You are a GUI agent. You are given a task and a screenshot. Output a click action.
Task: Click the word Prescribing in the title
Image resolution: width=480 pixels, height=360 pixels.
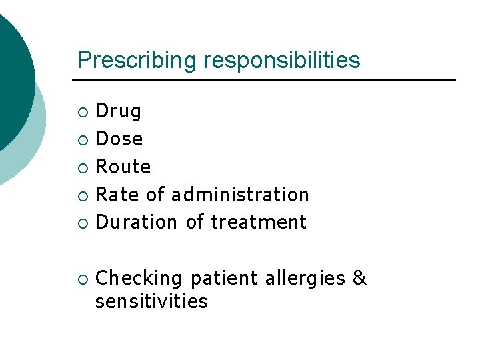tap(138, 61)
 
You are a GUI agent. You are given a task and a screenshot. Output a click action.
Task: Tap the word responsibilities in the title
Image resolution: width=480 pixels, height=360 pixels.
tap(282, 61)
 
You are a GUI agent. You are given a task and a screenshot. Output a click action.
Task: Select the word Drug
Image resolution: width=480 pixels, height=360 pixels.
tap(119, 111)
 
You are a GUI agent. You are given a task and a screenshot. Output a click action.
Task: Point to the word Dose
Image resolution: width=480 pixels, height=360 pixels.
tap(119, 139)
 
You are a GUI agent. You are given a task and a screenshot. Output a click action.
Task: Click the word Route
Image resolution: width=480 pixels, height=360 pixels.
tap(123, 167)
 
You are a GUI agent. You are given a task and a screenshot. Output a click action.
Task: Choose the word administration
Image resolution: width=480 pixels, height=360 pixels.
tap(240, 195)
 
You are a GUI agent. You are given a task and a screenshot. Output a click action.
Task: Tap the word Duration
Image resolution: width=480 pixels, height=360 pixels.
tap(137, 222)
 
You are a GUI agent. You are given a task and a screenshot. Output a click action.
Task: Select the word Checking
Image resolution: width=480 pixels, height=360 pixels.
tap(139, 278)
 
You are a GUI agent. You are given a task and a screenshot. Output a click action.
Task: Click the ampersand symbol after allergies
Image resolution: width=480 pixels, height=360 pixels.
tap(360, 278)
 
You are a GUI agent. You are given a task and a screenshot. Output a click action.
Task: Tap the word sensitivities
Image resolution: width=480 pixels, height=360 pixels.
tap(152, 301)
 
